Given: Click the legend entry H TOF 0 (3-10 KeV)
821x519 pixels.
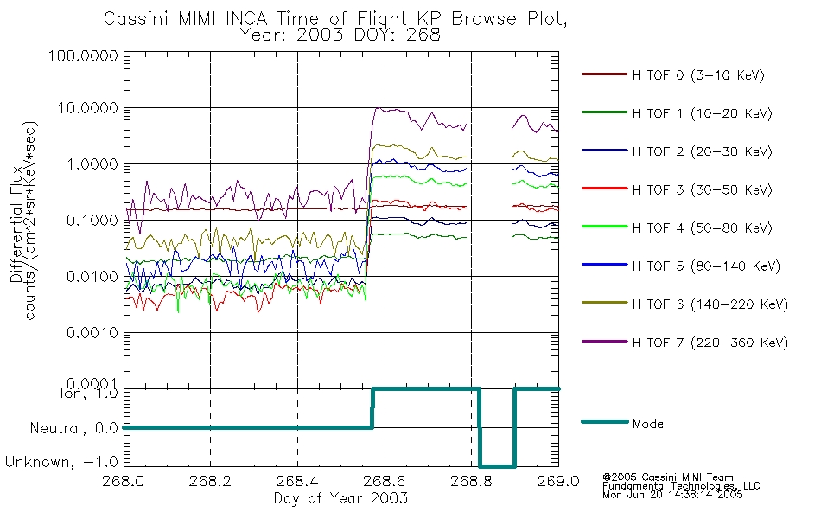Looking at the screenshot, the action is (698, 75).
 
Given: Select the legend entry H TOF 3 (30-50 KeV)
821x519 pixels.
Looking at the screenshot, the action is (702, 189).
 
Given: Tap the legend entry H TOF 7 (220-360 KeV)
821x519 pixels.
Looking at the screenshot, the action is (710, 343).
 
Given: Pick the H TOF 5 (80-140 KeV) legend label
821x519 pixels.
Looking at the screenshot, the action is (706, 266).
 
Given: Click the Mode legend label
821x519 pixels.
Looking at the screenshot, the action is (647, 424).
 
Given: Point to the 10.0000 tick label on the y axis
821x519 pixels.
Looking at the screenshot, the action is (87, 108).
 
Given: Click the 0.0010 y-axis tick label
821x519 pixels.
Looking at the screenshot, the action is (92, 333).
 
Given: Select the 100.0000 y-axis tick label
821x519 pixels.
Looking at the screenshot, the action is (83, 55).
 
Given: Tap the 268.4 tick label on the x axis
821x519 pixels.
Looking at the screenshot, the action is (297, 481).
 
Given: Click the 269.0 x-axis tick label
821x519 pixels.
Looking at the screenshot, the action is (558, 481).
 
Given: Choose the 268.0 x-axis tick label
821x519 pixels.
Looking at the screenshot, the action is (124, 481).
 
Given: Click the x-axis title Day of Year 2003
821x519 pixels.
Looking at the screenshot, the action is (340, 498).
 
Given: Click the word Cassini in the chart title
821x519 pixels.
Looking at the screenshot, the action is (137, 19).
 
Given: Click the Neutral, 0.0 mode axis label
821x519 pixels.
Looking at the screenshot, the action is (73, 428).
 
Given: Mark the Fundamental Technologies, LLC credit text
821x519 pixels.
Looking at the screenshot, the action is (681, 486).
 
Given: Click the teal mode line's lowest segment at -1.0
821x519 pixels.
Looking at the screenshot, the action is (498, 465).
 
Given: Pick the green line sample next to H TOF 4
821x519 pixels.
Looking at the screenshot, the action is (604, 227).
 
